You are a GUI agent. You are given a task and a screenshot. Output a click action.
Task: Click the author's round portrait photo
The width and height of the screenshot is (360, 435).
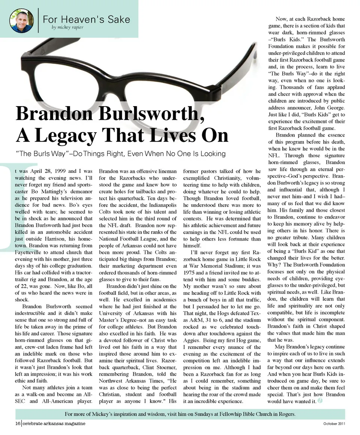point(21,21)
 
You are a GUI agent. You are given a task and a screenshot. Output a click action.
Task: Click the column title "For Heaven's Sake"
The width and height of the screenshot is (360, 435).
point(87,19)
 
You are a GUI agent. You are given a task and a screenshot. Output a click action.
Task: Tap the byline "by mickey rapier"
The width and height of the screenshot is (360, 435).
point(67,27)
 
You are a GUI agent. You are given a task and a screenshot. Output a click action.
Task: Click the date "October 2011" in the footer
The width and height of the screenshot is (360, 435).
point(334,424)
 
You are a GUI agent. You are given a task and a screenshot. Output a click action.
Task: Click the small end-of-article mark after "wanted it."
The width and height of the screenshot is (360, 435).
point(320,401)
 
